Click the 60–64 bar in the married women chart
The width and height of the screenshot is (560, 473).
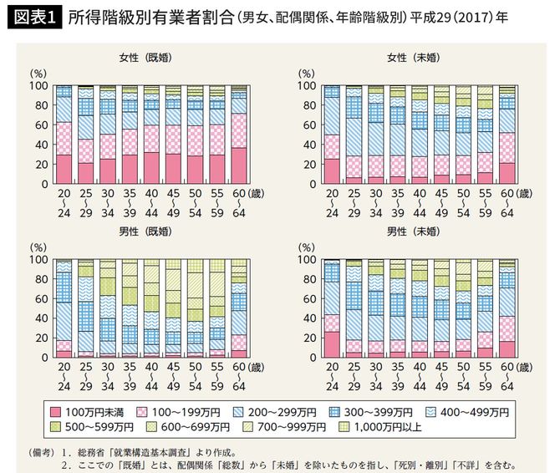click(x=238, y=135)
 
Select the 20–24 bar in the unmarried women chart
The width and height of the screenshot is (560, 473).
click(x=332, y=135)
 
